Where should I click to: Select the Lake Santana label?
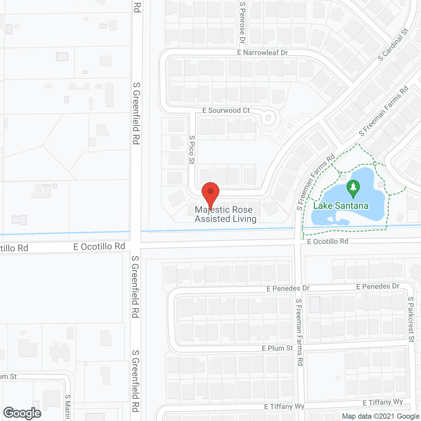tap(340, 206)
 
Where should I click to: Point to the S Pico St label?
tap(192, 150)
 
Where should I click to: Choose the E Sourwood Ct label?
tap(226, 111)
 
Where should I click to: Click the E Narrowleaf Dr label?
tap(262, 53)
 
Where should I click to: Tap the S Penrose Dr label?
tap(243, 22)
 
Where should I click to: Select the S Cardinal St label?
tap(393, 45)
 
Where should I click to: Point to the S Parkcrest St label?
tap(411, 319)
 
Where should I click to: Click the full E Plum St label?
tap(277, 348)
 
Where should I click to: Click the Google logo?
tap(22, 413)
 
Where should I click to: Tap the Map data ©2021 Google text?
tap(381, 416)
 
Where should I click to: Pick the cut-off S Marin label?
tap(67, 407)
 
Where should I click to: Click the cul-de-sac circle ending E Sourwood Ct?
tap(268, 118)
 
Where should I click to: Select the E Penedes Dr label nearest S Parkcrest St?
tap(378, 286)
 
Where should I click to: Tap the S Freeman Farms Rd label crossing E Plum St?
tap(299, 332)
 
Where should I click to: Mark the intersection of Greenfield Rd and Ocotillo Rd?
tap(136, 246)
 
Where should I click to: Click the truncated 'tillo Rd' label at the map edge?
tap(14, 248)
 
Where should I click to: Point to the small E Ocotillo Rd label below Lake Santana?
tap(328, 241)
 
